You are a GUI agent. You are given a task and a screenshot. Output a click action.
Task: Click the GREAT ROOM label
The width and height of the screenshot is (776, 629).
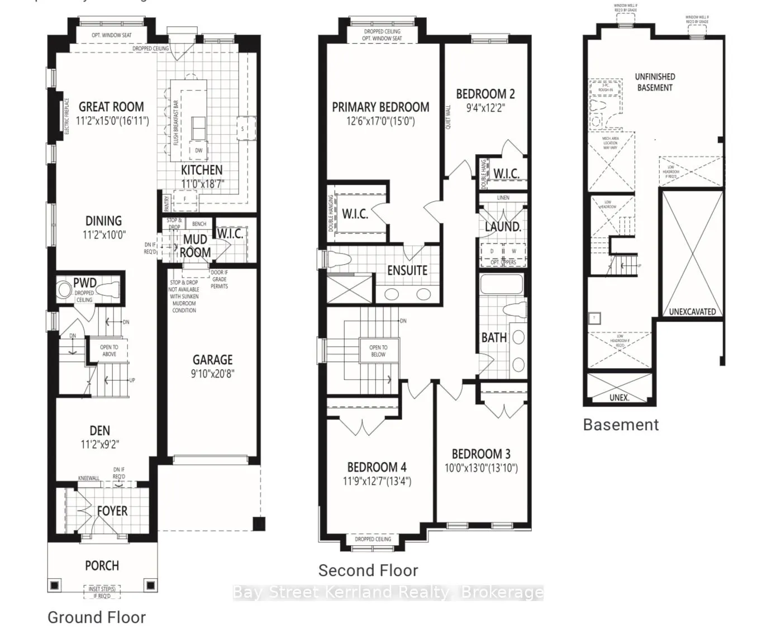(x=111, y=107)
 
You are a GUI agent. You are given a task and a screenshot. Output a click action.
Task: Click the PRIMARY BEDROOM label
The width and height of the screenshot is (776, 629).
(x=380, y=107)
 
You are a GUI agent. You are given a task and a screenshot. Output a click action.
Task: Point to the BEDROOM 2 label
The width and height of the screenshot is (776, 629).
(x=485, y=94)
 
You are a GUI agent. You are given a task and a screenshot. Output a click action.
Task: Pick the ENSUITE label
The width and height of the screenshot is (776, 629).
(x=407, y=270)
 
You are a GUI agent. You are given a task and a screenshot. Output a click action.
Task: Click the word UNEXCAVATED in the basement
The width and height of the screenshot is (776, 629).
(x=692, y=312)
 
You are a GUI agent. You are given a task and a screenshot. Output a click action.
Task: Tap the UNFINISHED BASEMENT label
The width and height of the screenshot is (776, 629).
(x=655, y=82)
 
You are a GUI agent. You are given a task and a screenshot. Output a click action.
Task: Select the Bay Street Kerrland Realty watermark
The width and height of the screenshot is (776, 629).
(x=387, y=592)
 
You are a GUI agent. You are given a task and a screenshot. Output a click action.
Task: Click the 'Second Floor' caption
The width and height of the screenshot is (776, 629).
(x=368, y=570)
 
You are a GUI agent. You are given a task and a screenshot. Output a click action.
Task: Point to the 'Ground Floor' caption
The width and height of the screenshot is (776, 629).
(x=97, y=617)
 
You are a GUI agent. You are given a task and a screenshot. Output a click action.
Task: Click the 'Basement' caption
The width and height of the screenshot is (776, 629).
(x=621, y=425)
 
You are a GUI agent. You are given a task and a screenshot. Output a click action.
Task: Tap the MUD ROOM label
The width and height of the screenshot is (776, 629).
(x=195, y=246)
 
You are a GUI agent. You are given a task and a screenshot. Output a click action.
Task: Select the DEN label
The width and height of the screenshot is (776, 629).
(x=100, y=431)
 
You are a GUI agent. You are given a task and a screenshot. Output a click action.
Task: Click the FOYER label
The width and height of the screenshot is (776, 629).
(x=112, y=511)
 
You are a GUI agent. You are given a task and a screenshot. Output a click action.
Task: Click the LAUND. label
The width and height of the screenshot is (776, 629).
(x=503, y=227)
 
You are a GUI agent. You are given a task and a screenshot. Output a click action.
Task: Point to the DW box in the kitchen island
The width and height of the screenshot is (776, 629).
(x=198, y=150)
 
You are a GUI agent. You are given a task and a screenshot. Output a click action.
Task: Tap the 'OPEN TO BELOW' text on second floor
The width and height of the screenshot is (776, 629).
(x=378, y=351)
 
